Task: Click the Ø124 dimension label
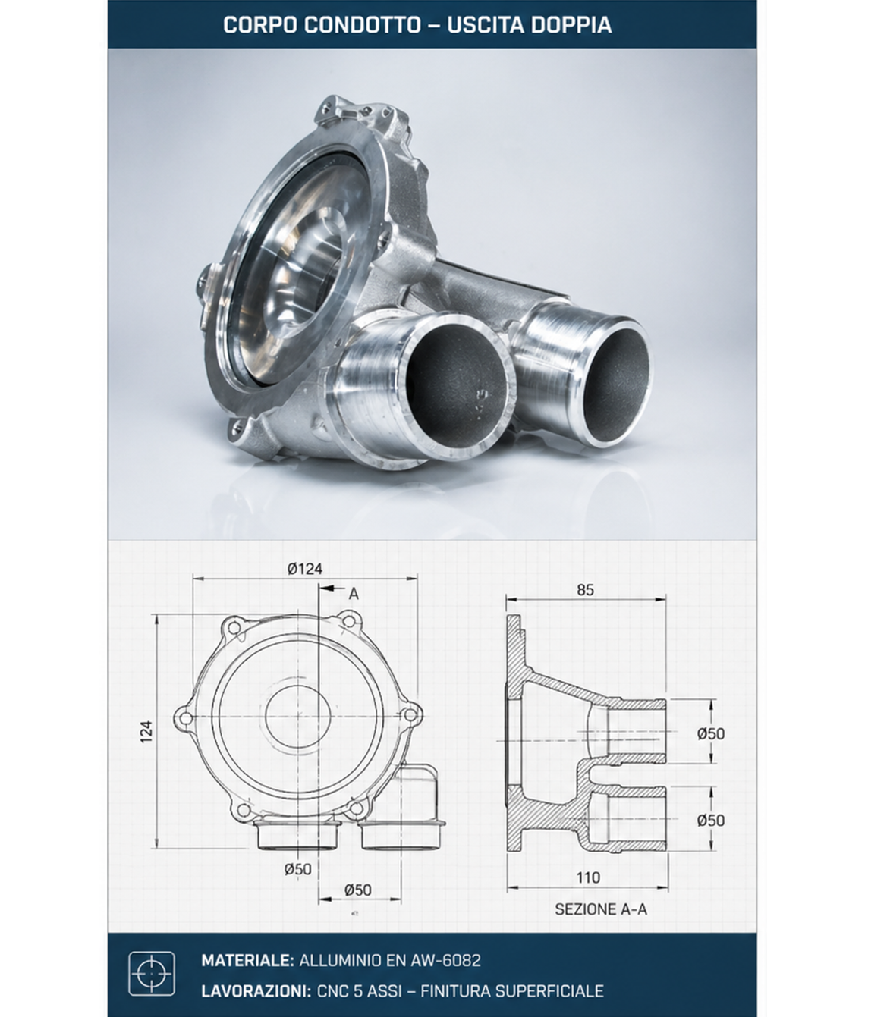click(x=305, y=569)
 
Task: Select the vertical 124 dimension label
click(x=146, y=732)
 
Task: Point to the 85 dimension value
click(x=585, y=589)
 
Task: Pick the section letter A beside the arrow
click(x=354, y=594)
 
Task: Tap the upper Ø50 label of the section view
click(x=710, y=733)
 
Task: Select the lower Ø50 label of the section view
click(x=710, y=820)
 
